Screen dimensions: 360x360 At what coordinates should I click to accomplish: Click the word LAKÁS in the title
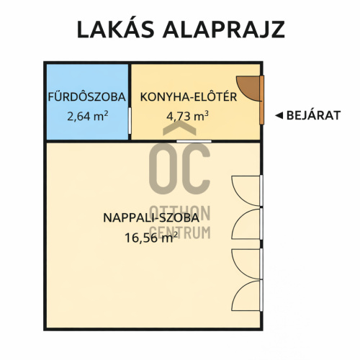(115, 29)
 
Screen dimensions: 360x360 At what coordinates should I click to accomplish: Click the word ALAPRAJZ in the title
(224, 30)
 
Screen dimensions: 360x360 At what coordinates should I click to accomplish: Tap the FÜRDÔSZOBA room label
(87, 97)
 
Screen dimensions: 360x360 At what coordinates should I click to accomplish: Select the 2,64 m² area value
(88, 116)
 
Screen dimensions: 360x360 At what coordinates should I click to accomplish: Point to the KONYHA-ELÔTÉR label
(189, 97)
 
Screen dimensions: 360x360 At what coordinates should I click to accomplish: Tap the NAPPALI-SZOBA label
(151, 217)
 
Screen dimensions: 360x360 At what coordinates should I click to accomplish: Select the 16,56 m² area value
(151, 238)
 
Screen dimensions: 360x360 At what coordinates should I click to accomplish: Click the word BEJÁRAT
(314, 115)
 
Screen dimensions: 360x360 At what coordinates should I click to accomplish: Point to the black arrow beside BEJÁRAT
(279, 115)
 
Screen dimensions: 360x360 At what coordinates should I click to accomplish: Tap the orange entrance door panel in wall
(262, 100)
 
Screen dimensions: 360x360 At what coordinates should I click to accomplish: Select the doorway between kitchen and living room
(194, 142)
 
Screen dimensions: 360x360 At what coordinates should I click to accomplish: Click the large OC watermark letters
(179, 168)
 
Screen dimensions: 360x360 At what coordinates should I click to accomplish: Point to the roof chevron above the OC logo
(179, 127)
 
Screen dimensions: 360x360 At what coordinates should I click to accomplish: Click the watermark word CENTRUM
(180, 233)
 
